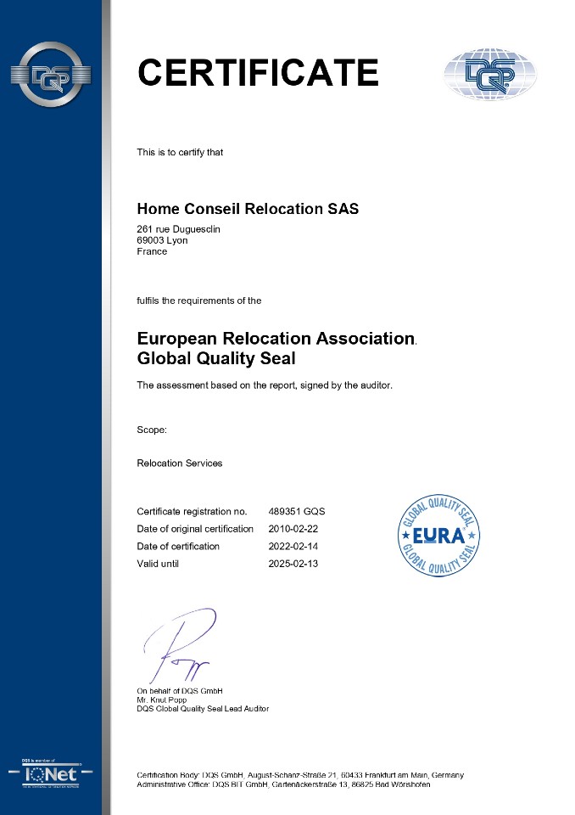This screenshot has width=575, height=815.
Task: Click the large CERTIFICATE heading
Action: pos(258,72)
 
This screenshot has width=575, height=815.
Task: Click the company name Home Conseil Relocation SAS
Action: pos(248,209)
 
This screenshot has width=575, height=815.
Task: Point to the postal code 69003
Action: pos(150,240)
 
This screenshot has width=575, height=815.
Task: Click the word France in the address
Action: pos(152,251)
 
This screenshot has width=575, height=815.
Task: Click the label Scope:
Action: pos(152,430)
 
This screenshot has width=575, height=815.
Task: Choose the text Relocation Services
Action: pos(179,464)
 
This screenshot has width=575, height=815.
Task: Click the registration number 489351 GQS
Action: pos(296,511)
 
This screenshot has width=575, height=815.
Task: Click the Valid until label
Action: pos(158,564)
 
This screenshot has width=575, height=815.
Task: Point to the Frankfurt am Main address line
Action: pos(300,775)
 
